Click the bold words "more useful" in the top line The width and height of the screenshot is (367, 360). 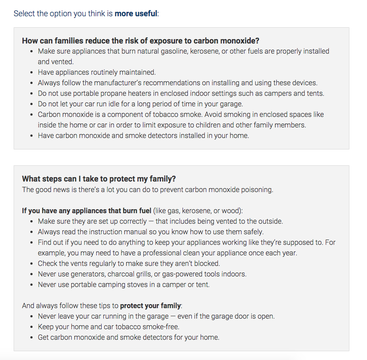[x=136, y=13]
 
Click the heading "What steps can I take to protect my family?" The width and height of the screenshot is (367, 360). [x=99, y=179]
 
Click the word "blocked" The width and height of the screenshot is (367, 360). [x=206, y=263]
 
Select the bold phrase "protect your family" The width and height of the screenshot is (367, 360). [x=150, y=305]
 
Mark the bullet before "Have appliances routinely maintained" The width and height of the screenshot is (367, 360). [x=32, y=72]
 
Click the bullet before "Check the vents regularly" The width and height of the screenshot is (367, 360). [x=32, y=263]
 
